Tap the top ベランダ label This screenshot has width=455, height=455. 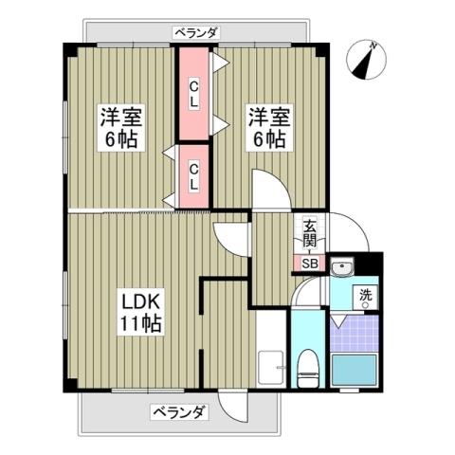pyautogui.click(x=196, y=33)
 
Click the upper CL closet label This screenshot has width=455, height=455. pyautogui.click(x=193, y=94)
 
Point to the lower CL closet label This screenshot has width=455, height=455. pyautogui.click(x=193, y=177)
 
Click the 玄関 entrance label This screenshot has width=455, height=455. pyautogui.click(x=311, y=232)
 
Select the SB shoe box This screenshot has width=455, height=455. pyautogui.click(x=310, y=263)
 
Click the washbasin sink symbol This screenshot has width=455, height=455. pyautogui.click(x=346, y=266)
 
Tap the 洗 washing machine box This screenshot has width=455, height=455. pyautogui.click(x=365, y=297)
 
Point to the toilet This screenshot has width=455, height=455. pyautogui.click(x=308, y=367)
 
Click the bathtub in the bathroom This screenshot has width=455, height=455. pyautogui.click(x=356, y=371)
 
